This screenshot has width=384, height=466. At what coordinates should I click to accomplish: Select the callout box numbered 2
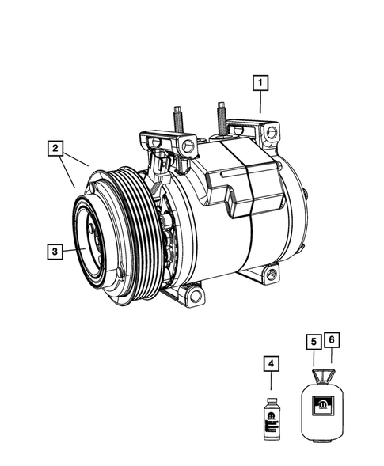pyautogui.click(x=55, y=148)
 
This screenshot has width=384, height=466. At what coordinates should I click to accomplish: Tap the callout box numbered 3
pyautogui.click(x=55, y=252)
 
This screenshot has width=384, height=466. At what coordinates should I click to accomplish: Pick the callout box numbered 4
pyautogui.click(x=271, y=365)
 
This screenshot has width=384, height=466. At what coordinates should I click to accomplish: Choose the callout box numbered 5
pyautogui.click(x=314, y=341)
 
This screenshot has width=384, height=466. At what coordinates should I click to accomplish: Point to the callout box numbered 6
pyautogui.click(x=333, y=341)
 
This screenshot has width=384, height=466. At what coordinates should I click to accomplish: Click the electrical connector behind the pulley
pyautogui.click(x=162, y=167)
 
